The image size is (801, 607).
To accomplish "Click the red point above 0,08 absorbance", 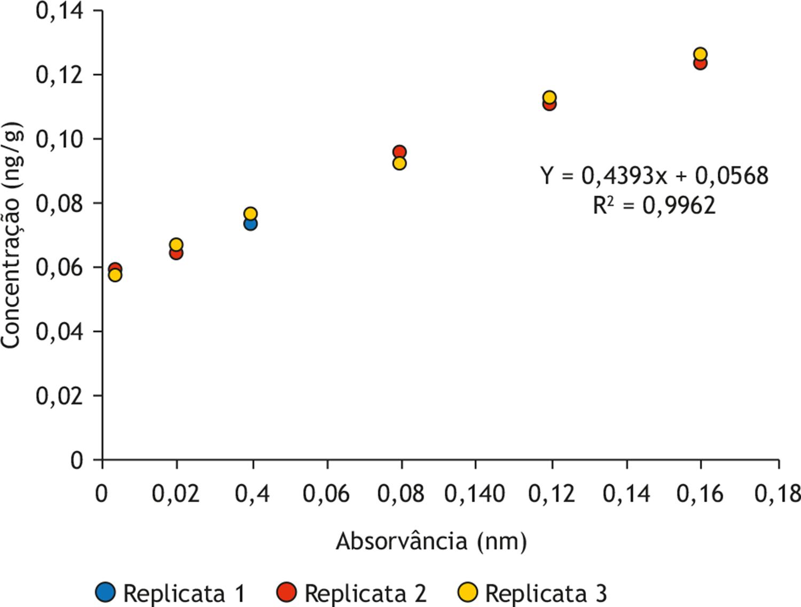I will coord(399,151).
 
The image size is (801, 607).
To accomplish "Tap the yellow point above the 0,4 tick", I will coord(250,213).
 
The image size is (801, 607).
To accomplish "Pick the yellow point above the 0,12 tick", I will coord(549,97).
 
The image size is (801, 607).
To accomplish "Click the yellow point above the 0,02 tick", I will coord(176,244).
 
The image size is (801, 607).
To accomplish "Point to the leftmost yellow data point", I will coord(115,275).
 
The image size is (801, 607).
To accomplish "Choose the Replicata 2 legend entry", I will coord(352,593).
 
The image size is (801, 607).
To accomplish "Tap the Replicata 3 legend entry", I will coord(533,593).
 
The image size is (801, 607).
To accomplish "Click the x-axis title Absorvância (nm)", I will coord(431,541).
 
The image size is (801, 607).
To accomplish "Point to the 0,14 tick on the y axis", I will coord(60,11).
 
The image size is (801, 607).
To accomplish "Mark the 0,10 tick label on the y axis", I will coord(60,139).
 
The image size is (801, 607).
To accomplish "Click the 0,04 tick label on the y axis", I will coord(60,332).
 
